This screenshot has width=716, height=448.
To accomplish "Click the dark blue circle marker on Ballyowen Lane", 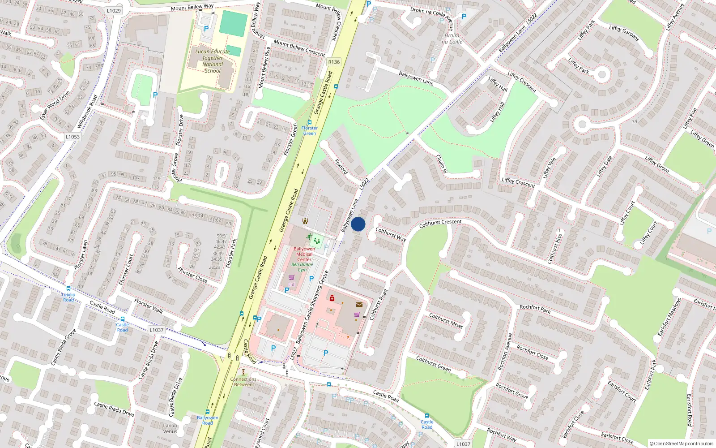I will click(x=358, y=224).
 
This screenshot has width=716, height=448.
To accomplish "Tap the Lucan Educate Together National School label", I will click(x=213, y=61).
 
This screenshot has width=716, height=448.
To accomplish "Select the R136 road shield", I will click(x=334, y=62).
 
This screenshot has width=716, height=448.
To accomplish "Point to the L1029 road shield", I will click(x=114, y=10).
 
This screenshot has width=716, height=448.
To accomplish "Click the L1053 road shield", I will click(x=72, y=137).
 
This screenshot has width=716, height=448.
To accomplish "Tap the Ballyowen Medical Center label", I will click(x=304, y=254).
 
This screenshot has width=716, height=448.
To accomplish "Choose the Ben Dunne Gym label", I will click(x=303, y=267).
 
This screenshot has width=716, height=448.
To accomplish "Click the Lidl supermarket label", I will click(x=292, y=284).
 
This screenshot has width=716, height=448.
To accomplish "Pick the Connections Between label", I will click(x=243, y=382).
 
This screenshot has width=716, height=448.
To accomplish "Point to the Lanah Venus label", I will click(x=170, y=429).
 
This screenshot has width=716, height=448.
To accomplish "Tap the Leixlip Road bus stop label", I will click(x=68, y=297).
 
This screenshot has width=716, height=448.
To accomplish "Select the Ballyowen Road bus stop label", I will click(x=208, y=420).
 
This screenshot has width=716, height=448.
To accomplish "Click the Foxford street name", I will click(x=341, y=166).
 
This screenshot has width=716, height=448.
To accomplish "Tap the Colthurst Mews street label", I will click(x=446, y=321).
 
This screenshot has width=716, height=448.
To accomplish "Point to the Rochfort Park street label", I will click(x=535, y=309).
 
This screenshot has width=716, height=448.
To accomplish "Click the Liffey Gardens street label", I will click(x=624, y=33).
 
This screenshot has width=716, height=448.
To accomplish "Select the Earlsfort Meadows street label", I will click(x=669, y=317).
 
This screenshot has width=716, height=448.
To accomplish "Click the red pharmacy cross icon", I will click(x=332, y=298).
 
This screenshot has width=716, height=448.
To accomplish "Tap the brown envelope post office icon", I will click(x=359, y=305).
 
